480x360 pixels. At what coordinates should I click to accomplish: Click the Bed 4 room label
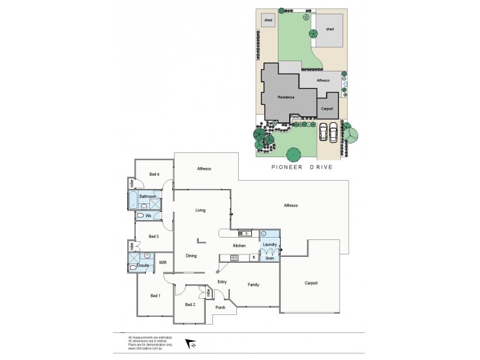click(x=154, y=174)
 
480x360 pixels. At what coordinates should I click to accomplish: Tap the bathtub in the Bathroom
click(x=132, y=200)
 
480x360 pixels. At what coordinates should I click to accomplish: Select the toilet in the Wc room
click(x=140, y=215)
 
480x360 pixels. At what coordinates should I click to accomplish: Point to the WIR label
click(x=161, y=262)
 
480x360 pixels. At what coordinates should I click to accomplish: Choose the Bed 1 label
click(x=155, y=296)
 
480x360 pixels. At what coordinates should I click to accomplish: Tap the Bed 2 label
click(x=190, y=304)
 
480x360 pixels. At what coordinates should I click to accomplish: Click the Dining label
click(x=191, y=256)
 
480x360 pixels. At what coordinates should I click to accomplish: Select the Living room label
click(x=200, y=211)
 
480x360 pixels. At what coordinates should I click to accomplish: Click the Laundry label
click(x=269, y=245)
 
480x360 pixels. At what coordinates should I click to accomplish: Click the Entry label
click(x=221, y=281)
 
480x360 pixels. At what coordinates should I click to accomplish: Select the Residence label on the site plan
click(x=286, y=97)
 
